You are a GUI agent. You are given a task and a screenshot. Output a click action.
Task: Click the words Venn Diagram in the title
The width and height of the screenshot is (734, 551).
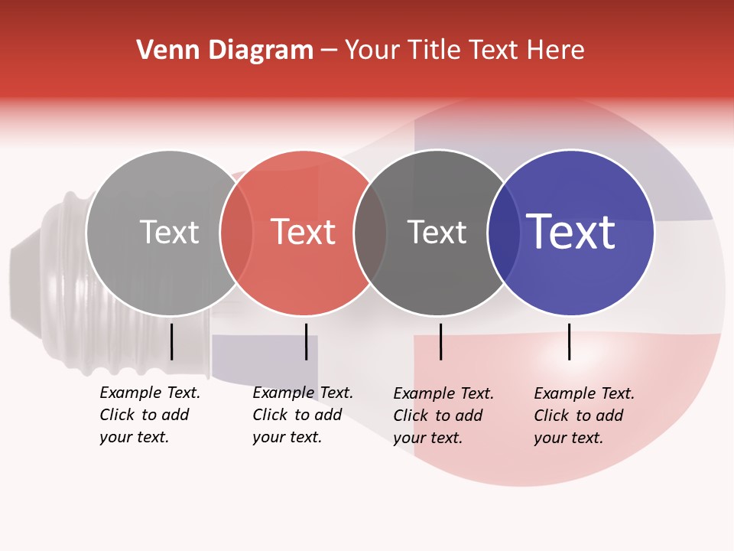225,51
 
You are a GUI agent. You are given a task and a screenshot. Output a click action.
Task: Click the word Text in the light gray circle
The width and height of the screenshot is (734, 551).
169,232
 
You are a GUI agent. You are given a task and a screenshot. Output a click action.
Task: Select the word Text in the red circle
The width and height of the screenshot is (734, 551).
304,232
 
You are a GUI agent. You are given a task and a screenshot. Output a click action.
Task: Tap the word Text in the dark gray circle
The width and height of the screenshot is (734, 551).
437,232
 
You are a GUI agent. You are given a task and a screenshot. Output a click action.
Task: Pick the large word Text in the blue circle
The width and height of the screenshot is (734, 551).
571,232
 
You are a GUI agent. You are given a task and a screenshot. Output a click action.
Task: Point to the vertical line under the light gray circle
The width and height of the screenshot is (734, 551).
171,341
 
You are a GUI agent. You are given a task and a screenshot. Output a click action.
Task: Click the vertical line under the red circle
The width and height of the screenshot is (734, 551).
306,341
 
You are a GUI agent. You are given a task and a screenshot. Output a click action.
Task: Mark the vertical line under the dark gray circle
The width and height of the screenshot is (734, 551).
440,341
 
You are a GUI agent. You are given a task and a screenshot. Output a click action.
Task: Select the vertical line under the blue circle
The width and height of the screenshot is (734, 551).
569,341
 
